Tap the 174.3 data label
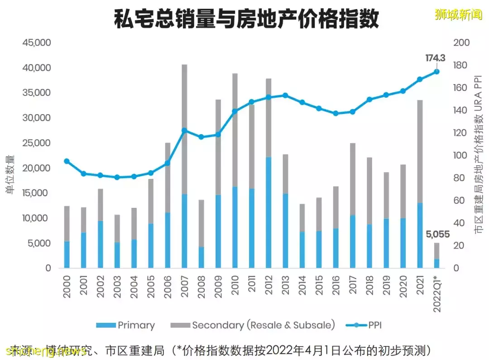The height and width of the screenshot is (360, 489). click(435, 58)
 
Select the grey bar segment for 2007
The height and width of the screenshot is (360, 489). click(184, 129)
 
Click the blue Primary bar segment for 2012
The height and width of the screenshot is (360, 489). click(268, 213)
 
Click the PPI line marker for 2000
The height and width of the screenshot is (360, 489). click(67, 161)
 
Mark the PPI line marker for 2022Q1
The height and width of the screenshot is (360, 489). click(436, 72)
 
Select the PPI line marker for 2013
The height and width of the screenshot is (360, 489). click(285, 96)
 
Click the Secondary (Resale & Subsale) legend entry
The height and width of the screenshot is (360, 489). click(254, 325)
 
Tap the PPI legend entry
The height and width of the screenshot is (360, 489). click(367, 325)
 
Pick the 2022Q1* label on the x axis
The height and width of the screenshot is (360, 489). click(437, 293)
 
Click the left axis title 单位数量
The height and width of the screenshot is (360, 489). click(10, 174)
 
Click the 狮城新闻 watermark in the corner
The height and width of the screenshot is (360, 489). click(459, 14)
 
